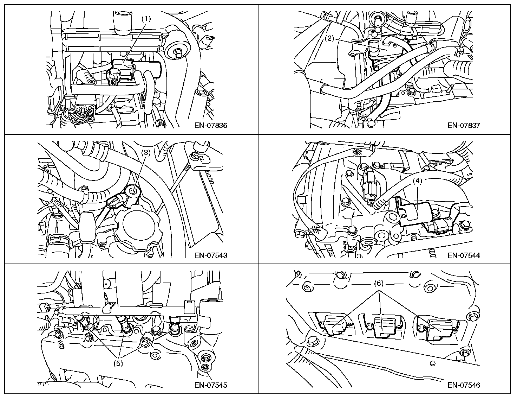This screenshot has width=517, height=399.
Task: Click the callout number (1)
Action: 146,19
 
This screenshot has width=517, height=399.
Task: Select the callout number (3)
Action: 146,153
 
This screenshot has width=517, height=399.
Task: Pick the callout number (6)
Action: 378,283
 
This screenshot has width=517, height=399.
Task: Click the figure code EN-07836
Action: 211,125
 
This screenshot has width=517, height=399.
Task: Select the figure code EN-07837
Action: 464,125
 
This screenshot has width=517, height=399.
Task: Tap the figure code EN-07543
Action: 211,255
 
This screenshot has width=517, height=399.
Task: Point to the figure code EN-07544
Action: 464,255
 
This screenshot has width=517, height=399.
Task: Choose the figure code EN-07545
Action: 211,385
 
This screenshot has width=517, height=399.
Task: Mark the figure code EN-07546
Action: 464,385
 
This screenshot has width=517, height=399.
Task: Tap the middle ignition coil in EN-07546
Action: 382,326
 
